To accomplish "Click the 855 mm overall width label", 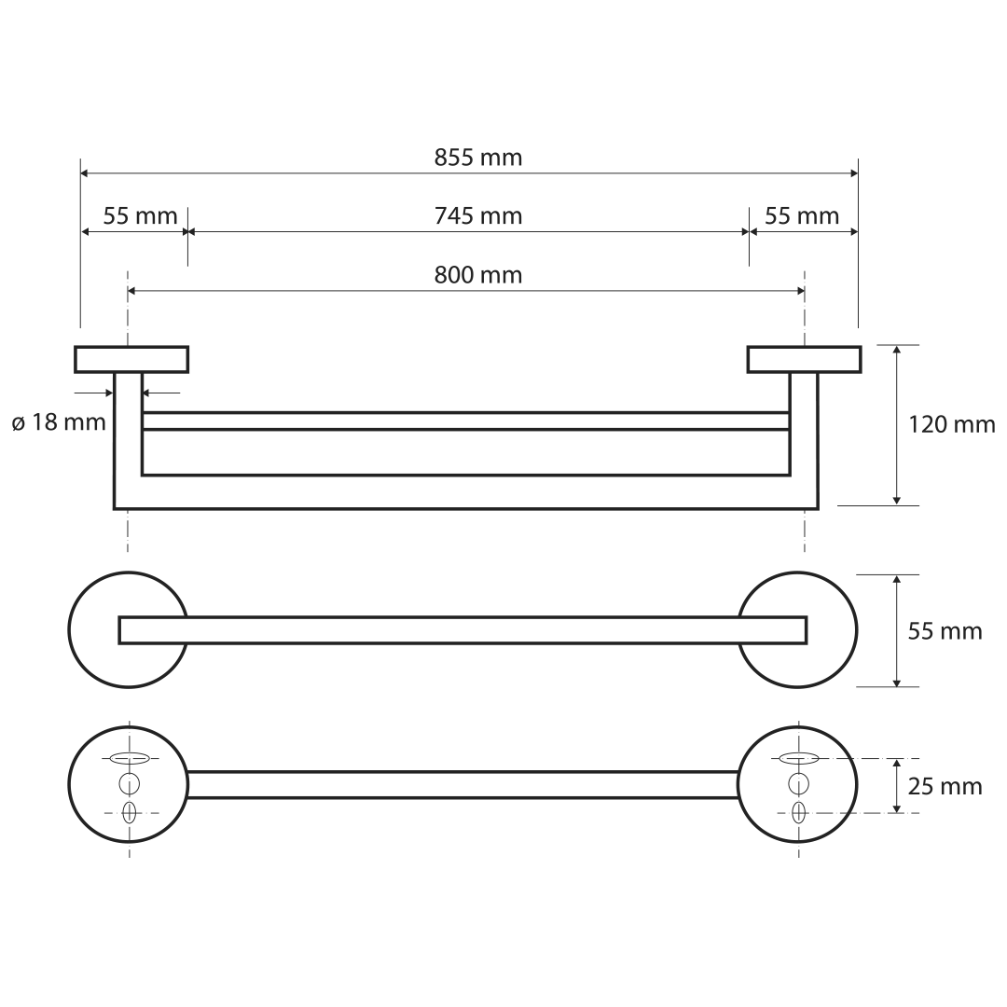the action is point(477,158).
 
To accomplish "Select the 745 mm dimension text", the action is point(477,215).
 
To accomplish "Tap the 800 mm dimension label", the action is point(477,275).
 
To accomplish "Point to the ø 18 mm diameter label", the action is point(59,422).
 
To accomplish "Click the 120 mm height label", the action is point(952,424).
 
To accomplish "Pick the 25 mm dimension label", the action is point(945,786).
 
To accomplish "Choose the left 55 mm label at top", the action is point(140,215).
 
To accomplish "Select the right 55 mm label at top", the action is point(802,215).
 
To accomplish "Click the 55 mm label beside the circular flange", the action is point(945,631).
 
